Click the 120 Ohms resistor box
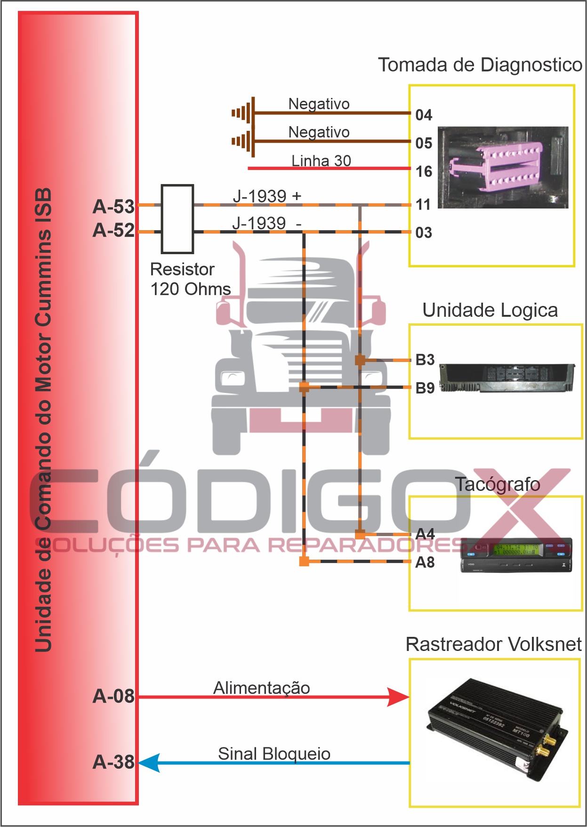[177, 219]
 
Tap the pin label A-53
[114, 207]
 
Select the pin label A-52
[114, 230]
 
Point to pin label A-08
[114, 696]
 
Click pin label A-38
[114, 762]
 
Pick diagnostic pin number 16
[424, 171]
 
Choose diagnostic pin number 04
[424, 115]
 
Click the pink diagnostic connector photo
[503, 167]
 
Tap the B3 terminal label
[425, 360]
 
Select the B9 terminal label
[425, 388]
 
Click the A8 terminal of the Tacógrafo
[425, 562]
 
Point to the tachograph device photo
[516, 555]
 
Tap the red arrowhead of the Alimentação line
[398, 697]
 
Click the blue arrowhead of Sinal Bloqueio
[150, 763]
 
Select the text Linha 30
[321, 161]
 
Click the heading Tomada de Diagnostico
[480, 65]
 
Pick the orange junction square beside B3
[360, 361]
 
